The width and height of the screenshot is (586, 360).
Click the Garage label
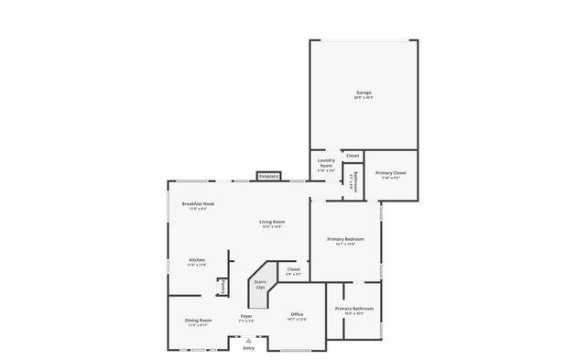coord(364,93)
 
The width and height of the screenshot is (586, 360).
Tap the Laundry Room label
coord(325,163)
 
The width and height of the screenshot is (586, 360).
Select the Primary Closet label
coord(391,173)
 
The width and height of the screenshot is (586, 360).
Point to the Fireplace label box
coord(268,176)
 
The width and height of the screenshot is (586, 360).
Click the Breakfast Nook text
coord(198,203)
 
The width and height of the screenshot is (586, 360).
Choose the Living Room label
coord(272,222)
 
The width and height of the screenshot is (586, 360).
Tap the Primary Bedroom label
coord(345,239)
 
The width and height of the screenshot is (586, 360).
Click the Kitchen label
coord(197,260)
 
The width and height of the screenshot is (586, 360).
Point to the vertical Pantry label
coord(221,287)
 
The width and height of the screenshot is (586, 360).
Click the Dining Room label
coord(199,321)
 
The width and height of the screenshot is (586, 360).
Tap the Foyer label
coord(246,316)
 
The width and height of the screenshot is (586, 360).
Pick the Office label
coord(297,314)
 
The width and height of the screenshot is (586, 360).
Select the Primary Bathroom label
coord(353,309)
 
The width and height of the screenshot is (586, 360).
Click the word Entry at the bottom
coord(248,348)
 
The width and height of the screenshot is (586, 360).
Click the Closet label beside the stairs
coord(293,269)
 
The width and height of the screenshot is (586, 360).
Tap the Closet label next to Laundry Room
coord(353,156)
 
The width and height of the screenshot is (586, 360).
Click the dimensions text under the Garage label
coord(364,98)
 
